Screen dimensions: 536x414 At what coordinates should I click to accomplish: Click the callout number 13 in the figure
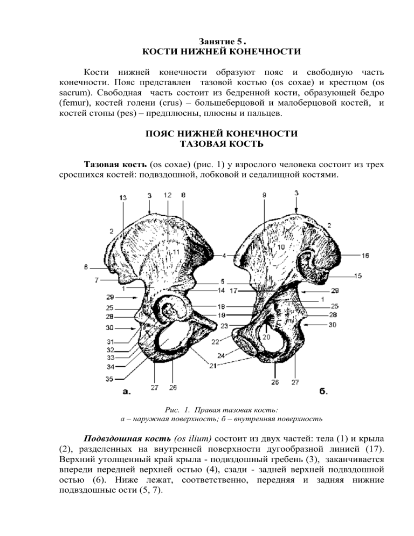tap(124, 198)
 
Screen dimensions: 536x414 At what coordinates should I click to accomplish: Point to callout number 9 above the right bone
tap(264, 196)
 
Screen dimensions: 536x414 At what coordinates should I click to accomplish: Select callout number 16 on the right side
tap(365, 256)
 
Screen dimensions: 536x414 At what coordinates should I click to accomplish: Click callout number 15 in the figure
tap(358, 276)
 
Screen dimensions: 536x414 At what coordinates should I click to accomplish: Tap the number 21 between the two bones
tap(215, 366)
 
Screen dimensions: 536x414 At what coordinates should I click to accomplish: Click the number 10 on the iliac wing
tap(281, 247)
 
